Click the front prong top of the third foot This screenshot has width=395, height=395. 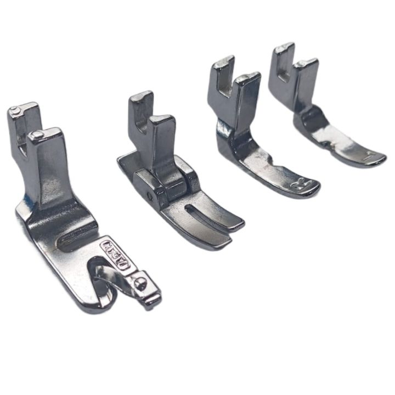248,77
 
